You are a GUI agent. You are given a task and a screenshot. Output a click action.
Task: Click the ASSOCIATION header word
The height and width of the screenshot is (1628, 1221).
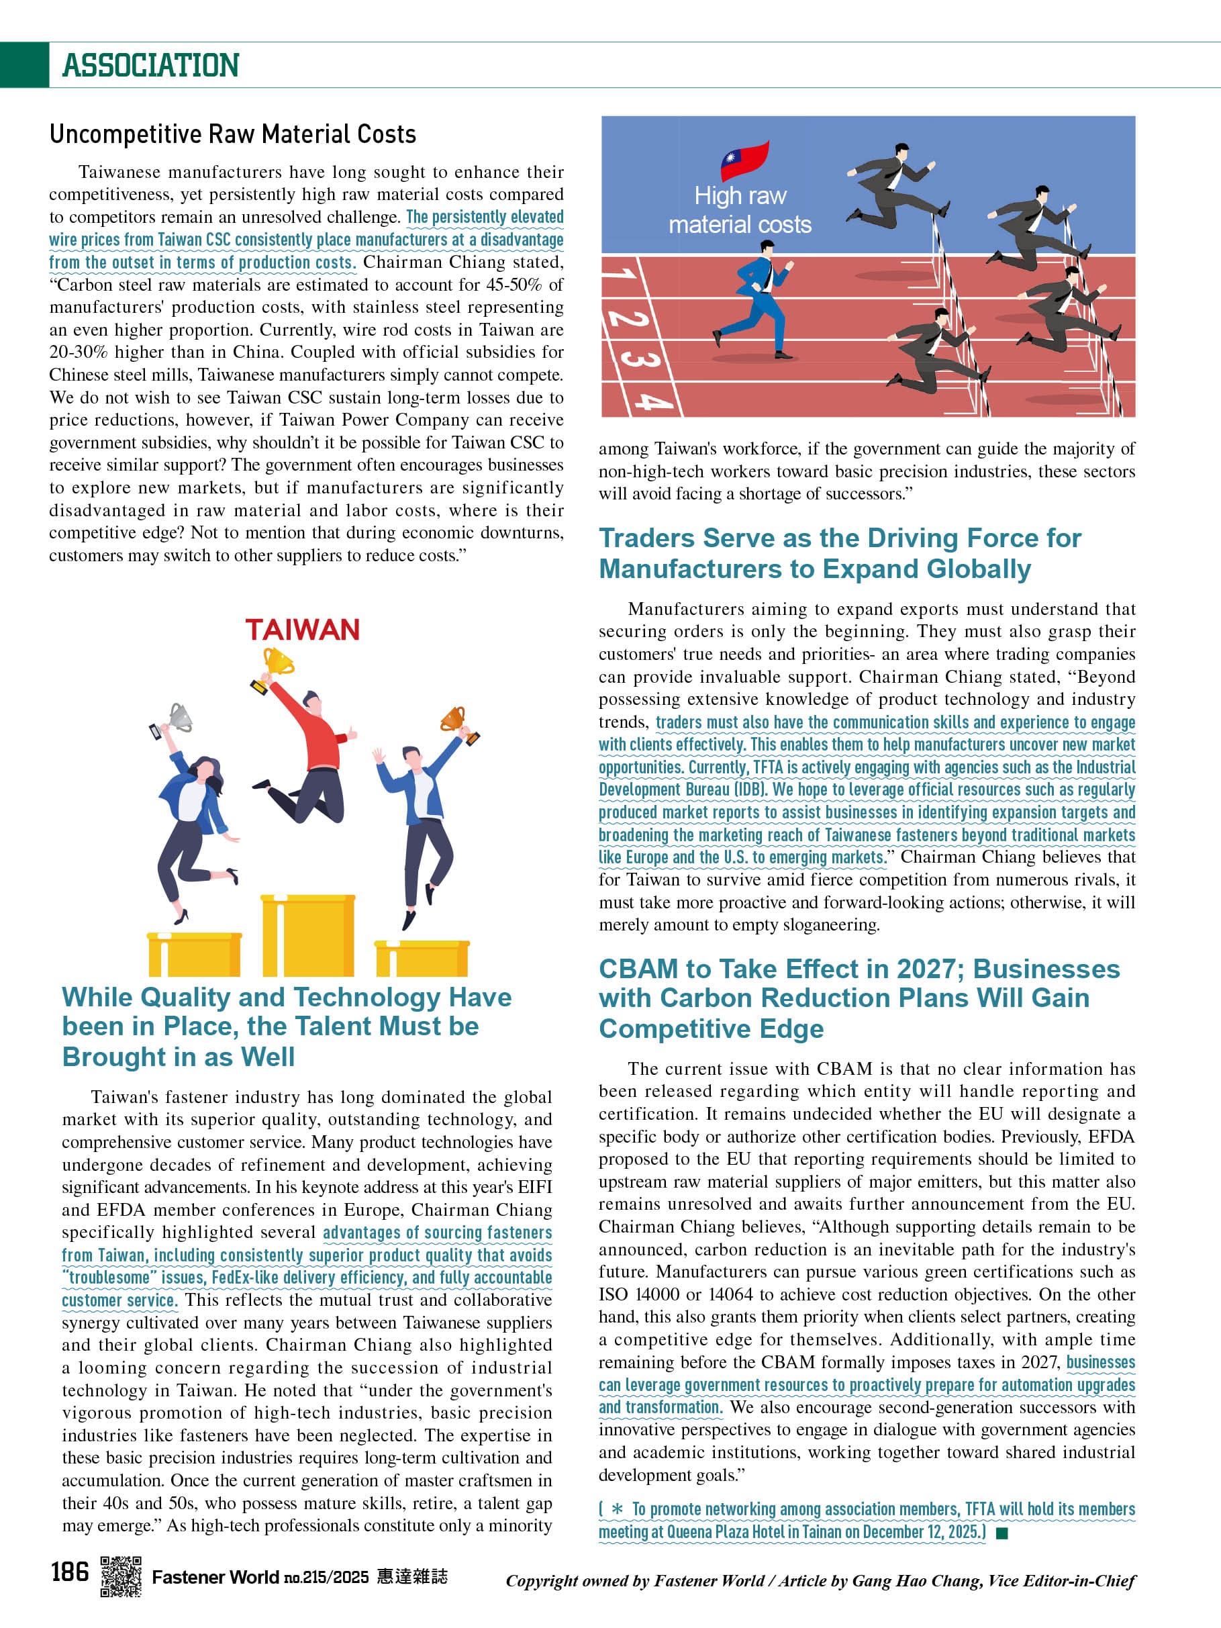click(151, 66)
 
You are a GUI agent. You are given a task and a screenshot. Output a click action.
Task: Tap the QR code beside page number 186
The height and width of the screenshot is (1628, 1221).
click(121, 1576)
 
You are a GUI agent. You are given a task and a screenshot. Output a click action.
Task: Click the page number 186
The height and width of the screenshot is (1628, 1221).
click(70, 1572)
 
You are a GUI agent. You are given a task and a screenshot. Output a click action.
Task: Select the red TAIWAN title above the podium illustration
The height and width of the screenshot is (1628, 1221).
click(302, 630)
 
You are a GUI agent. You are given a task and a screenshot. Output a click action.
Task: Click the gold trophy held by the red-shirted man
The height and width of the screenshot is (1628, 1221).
click(277, 662)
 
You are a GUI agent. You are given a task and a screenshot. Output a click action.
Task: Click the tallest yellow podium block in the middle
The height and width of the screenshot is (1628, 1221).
click(307, 935)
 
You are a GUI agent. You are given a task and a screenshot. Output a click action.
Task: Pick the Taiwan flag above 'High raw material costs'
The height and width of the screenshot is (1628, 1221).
click(744, 160)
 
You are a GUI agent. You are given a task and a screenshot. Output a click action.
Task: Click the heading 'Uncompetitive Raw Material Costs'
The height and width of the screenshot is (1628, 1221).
click(232, 134)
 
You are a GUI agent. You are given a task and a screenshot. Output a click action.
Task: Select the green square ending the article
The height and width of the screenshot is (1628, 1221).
click(1001, 1533)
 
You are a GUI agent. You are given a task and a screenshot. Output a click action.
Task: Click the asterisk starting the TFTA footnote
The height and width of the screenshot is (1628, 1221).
click(617, 1509)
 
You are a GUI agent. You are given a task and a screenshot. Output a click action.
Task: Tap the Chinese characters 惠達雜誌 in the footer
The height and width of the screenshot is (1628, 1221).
click(412, 1576)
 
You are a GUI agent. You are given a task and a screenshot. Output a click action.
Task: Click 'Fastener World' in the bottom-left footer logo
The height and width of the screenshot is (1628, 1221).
click(215, 1576)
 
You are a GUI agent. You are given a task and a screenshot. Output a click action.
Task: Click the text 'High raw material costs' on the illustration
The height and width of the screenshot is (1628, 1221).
click(740, 209)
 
